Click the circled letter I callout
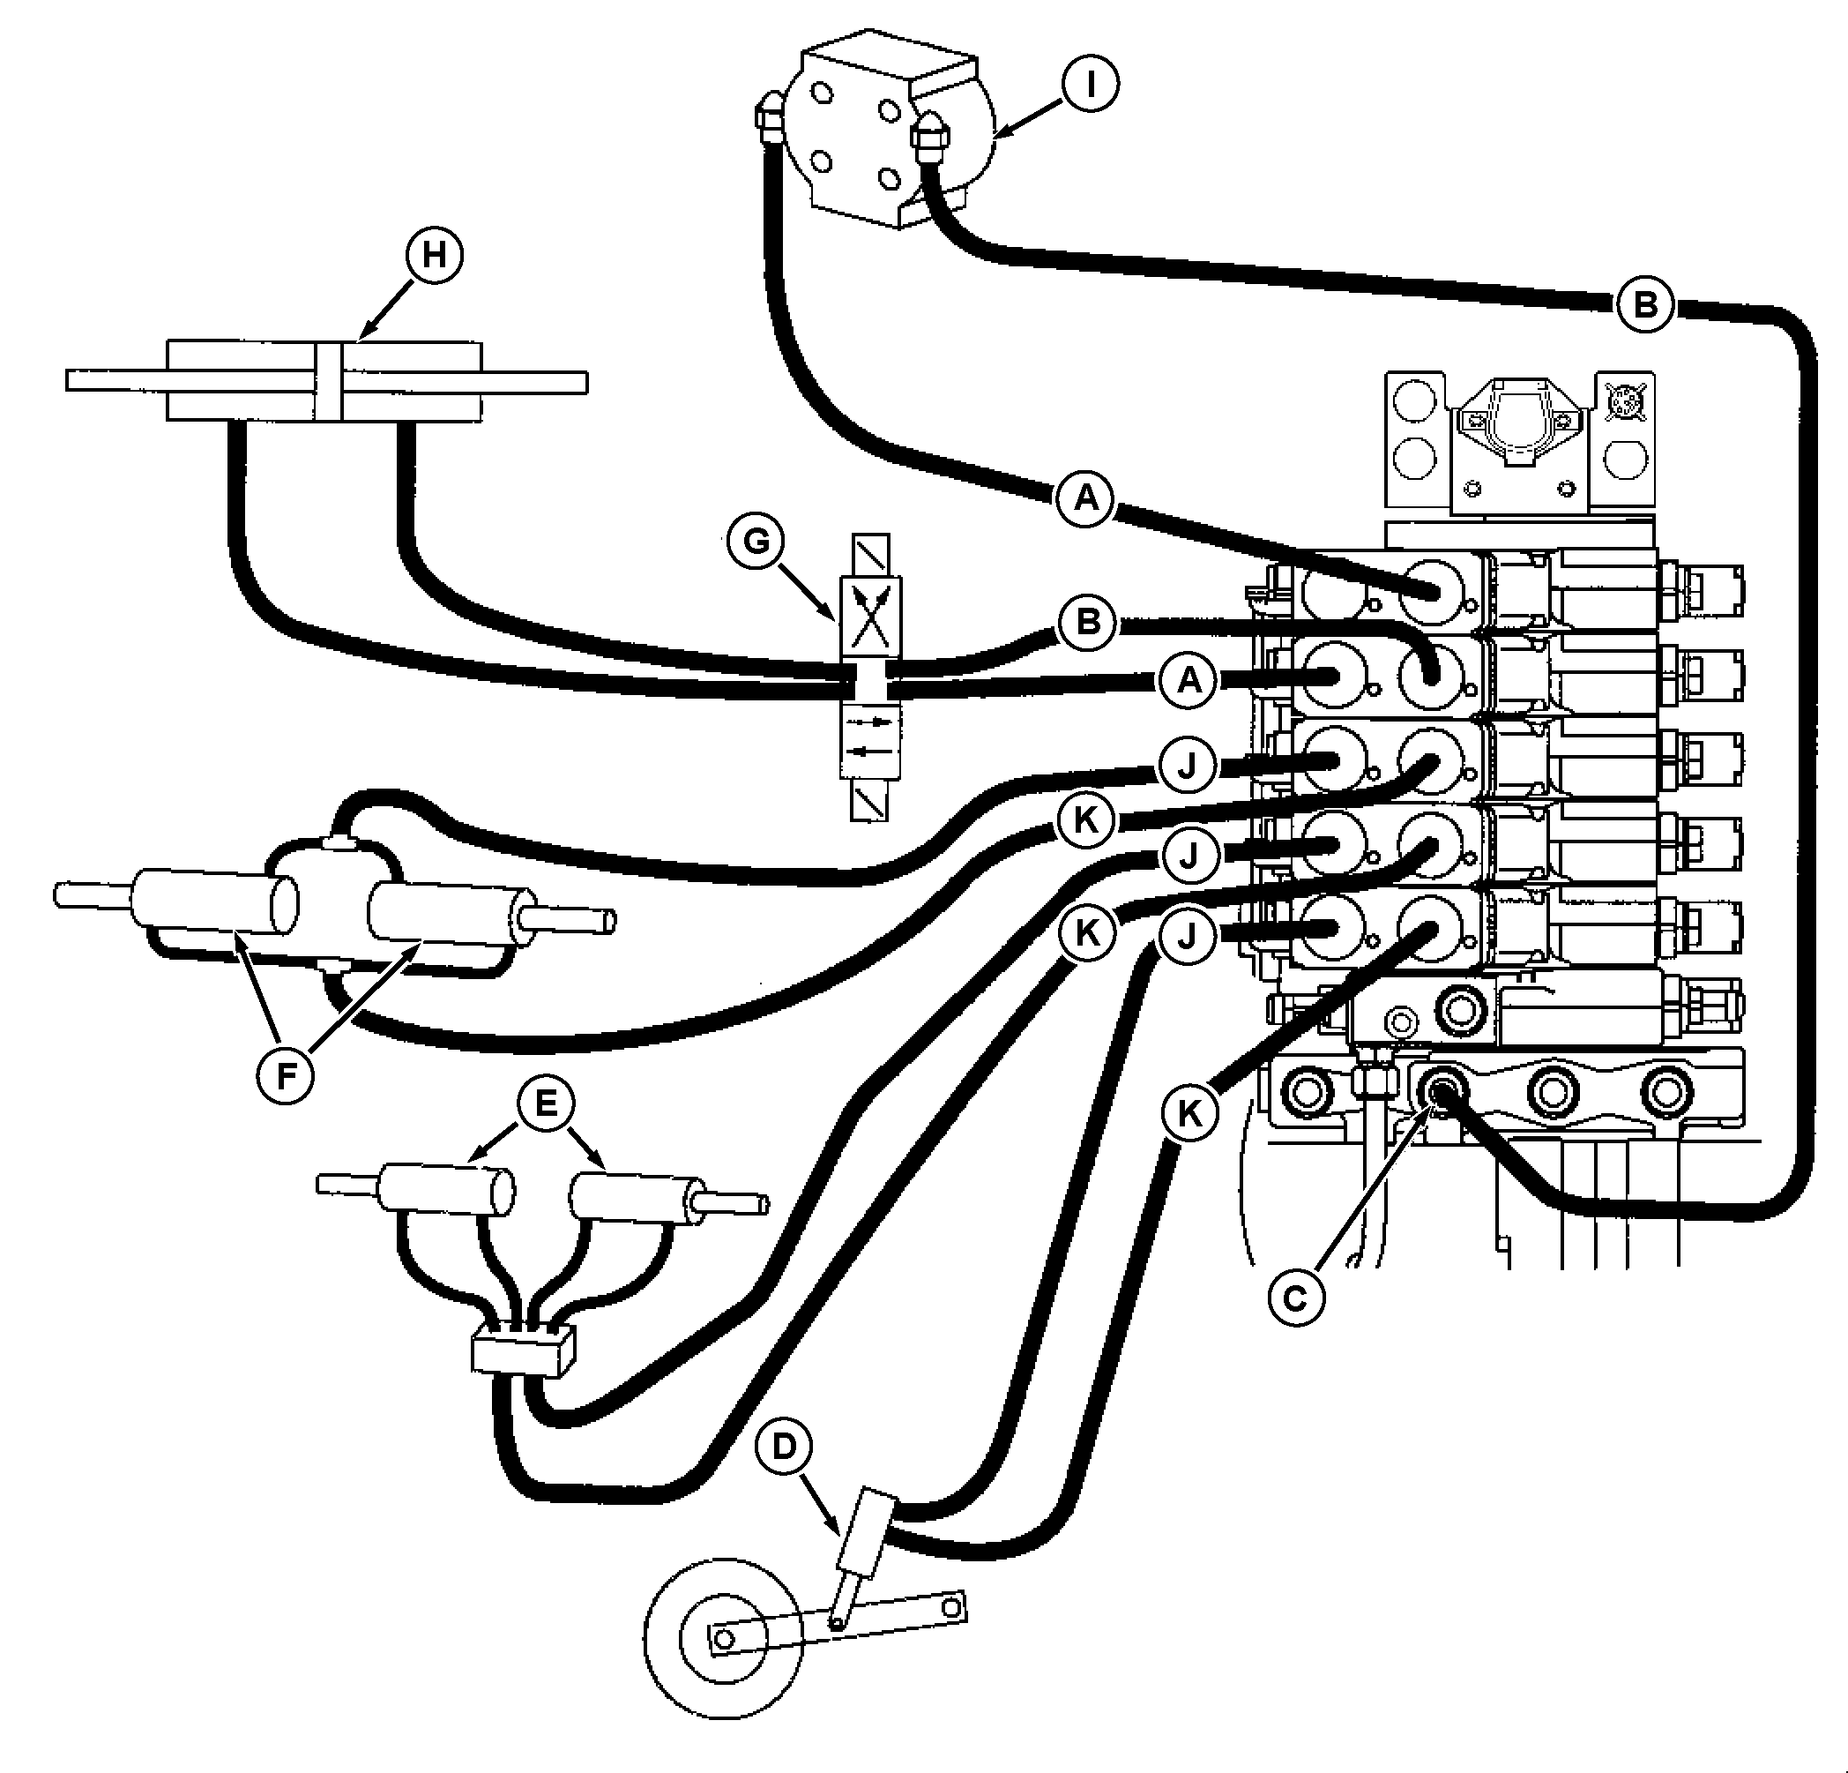pyautogui.click(x=1090, y=85)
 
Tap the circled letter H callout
pyautogui.click(x=435, y=255)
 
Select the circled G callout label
pyautogui.click(x=756, y=542)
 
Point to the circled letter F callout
pyautogui.click(x=286, y=1074)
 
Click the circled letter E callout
pyautogui.click(x=546, y=1103)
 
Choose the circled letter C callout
pyautogui.click(x=1296, y=1298)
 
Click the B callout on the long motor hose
pyautogui.click(x=1644, y=305)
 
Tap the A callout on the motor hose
pyautogui.click(x=1086, y=497)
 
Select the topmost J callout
pyautogui.click(x=1187, y=765)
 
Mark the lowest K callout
pyautogui.click(x=1190, y=1114)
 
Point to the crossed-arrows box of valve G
pyautogui.click(x=869, y=617)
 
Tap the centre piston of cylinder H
pyautogui.click(x=327, y=381)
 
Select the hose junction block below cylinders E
pyautogui.click(x=521, y=1355)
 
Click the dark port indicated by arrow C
pyautogui.click(x=1440, y=1092)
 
